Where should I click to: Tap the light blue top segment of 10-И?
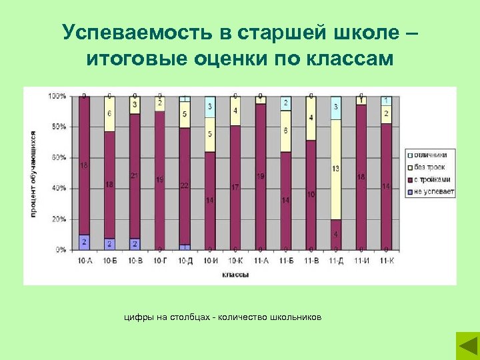tap(210, 107)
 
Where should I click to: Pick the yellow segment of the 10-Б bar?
tap(109, 114)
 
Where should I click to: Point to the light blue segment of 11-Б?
tap(285, 103)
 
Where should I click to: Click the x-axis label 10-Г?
tap(160, 259)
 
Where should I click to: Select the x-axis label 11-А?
tap(260, 259)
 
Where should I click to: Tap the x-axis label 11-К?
tap(386, 259)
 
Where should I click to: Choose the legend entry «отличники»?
tap(433, 155)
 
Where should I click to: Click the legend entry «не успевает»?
tap(433, 191)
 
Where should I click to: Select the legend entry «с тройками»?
tap(433, 179)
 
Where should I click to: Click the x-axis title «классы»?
tap(235, 274)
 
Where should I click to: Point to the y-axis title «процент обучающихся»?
tap(33, 173)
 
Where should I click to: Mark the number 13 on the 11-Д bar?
tap(335, 169)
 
